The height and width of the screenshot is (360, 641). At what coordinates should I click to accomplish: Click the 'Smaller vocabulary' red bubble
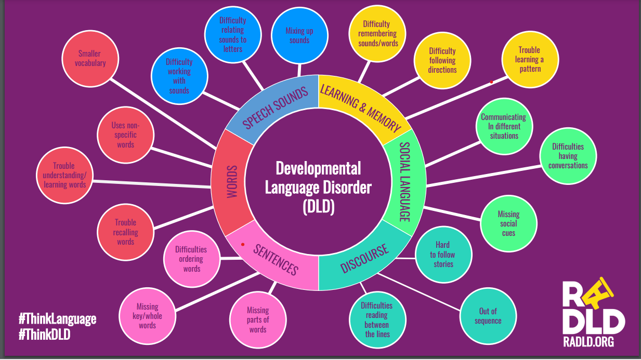pos(90,59)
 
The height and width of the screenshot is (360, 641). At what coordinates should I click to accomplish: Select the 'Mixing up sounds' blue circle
pos(299,35)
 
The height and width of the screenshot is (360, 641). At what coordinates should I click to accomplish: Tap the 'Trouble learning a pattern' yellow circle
pos(530,59)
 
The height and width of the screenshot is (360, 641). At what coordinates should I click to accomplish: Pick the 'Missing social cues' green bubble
pos(509,223)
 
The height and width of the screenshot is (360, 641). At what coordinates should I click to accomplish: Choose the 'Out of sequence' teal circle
pos(488,316)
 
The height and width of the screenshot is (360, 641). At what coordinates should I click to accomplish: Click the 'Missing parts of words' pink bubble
pos(258,319)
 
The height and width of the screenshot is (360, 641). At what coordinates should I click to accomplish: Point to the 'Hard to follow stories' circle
pos(443,255)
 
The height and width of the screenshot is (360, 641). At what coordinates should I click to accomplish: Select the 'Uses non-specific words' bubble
pos(126,135)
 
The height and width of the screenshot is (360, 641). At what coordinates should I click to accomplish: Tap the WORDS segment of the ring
pos(232,182)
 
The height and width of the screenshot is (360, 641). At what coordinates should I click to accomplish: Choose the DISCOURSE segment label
pos(364,258)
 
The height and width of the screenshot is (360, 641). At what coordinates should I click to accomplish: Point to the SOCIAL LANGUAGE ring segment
pos(405,182)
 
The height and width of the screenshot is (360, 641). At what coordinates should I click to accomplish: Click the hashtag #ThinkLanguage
pos(58,319)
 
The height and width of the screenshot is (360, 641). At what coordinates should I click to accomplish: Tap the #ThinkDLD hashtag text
pos(44,335)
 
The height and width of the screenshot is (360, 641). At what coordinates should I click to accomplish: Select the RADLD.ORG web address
pos(588,342)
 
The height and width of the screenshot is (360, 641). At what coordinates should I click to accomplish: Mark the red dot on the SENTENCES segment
pos(243,245)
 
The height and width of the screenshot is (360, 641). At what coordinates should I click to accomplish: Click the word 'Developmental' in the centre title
pos(318,168)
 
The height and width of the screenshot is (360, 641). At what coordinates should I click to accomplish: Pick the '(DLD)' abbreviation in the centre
pos(319,207)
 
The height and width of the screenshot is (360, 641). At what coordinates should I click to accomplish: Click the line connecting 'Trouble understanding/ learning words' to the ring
pos(152,184)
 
